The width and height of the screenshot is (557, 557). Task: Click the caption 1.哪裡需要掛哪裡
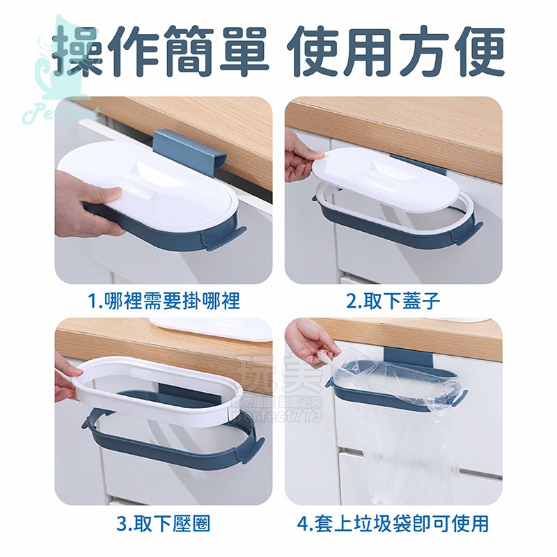point(165,301)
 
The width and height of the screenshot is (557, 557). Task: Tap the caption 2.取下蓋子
point(393,301)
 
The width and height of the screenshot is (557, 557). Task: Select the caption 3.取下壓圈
point(165,521)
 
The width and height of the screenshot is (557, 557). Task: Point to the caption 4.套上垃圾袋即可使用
point(393,521)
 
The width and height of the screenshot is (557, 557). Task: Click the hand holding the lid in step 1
point(84,202)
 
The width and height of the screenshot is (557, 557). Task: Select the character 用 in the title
point(369,52)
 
